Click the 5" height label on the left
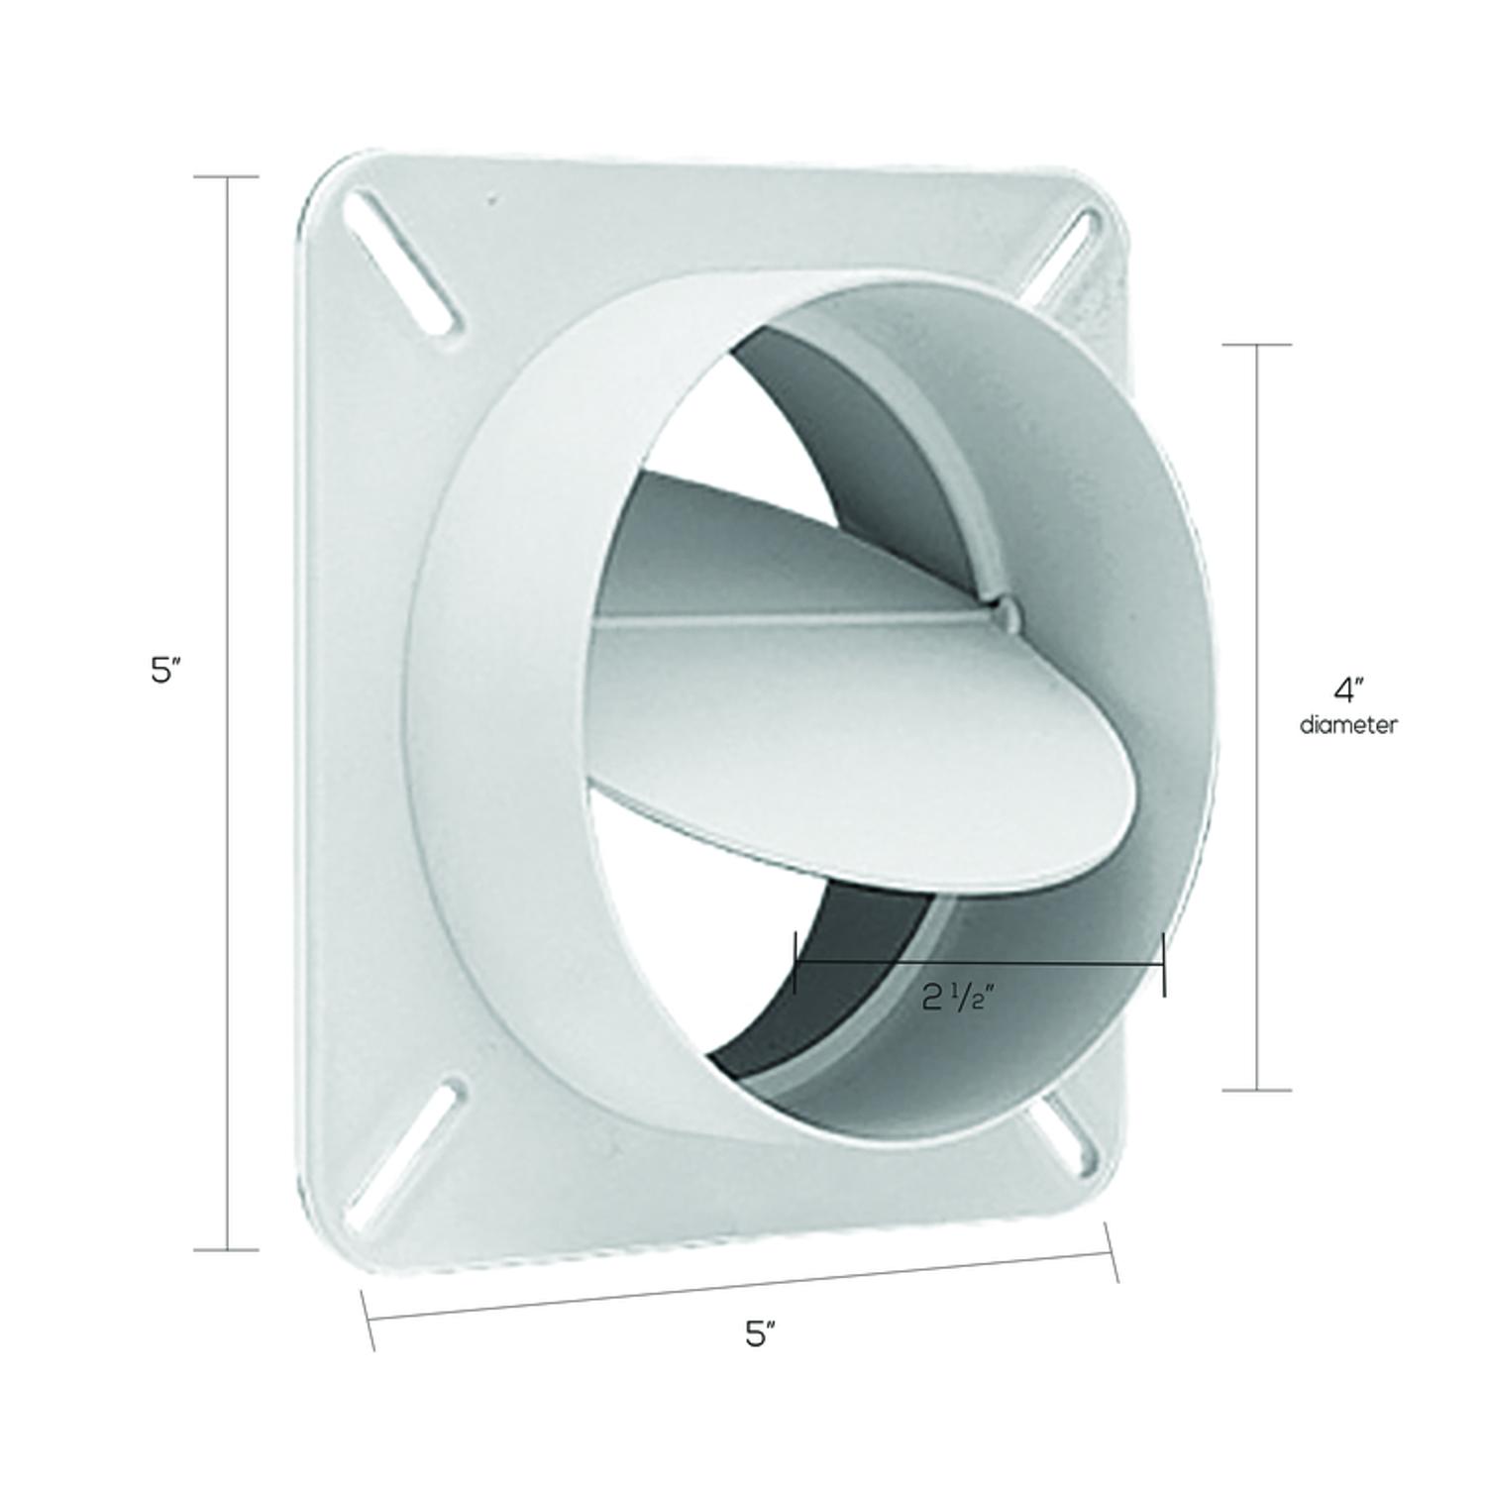click(x=164, y=671)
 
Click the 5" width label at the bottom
click(x=759, y=1334)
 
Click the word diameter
click(x=1348, y=725)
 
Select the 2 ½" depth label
click(x=957, y=999)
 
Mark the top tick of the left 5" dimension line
click(x=227, y=177)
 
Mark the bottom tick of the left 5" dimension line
click(x=227, y=1249)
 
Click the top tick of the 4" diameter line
click(x=1257, y=345)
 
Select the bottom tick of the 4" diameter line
click(x=1257, y=1091)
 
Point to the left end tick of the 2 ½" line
click(x=796, y=962)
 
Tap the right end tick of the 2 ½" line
click(x=1164, y=963)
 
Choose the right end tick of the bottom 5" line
click(x=1112, y=1252)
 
